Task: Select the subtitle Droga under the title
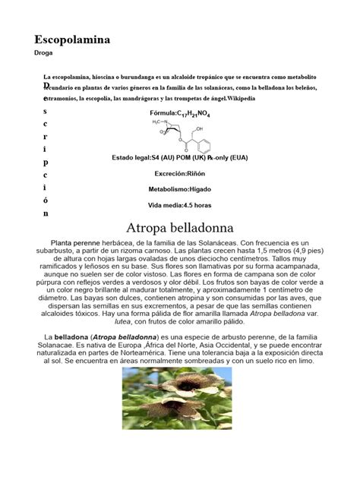click(44, 54)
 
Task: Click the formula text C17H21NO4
click(193, 113)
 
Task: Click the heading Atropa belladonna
click(179, 228)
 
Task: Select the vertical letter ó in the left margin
click(46, 201)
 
